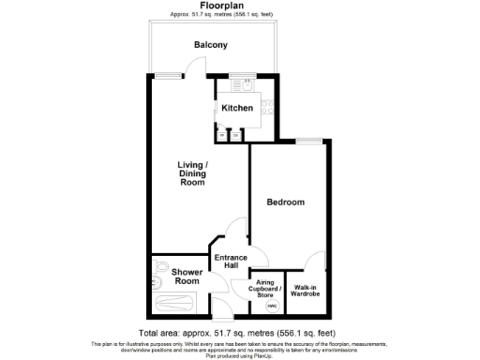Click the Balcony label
coord(211,45)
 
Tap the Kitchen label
coord(237,109)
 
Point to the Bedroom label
coord(285,202)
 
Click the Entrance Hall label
coord(230,262)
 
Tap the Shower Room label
coord(186,277)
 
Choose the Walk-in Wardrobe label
coord(307,291)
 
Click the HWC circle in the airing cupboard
coord(272,306)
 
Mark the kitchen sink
coord(249,84)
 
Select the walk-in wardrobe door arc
coord(317,262)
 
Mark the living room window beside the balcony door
coord(168,74)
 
